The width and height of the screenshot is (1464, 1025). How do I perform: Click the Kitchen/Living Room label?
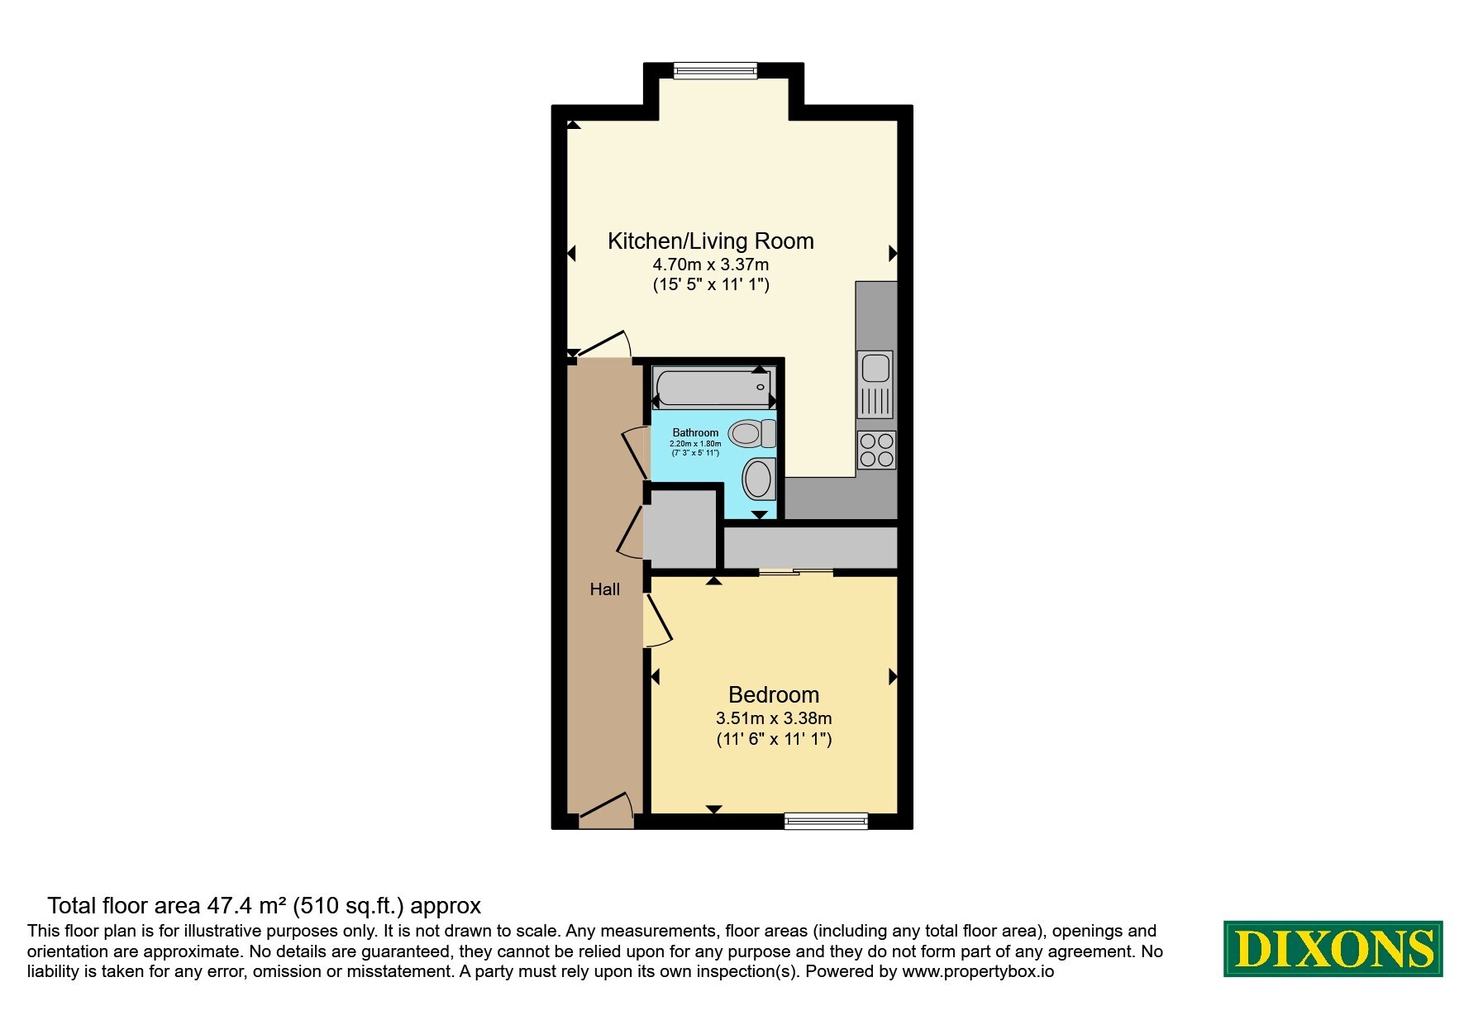click(711, 241)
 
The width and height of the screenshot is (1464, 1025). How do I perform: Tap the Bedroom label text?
click(774, 694)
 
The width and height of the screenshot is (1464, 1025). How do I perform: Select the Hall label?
click(605, 589)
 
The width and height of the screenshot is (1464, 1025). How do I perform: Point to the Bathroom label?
click(695, 432)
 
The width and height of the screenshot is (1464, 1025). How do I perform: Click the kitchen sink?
click(875, 384)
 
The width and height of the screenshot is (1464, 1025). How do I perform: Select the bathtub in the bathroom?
click(713, 387)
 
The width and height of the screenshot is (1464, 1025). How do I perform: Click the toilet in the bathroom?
click(753, 432)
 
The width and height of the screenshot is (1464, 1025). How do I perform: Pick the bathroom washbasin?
click(759, 479)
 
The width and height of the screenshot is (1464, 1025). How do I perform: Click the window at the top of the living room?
click(715, 70)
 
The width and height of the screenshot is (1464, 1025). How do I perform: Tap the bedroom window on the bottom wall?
click(826, 820)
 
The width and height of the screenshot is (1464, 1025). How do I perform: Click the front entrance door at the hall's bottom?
click(606, 809)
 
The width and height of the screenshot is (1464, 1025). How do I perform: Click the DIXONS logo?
click(1333, 948)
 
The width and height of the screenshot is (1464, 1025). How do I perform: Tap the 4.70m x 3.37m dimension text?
click(711, 265)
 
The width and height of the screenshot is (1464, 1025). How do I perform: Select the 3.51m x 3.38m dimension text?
click(774, 718)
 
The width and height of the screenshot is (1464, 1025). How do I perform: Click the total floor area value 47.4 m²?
click(246, 906)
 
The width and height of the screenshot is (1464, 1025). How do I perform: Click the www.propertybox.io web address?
click(978, 972)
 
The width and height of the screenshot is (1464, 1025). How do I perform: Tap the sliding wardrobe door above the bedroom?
click(796, 571)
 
